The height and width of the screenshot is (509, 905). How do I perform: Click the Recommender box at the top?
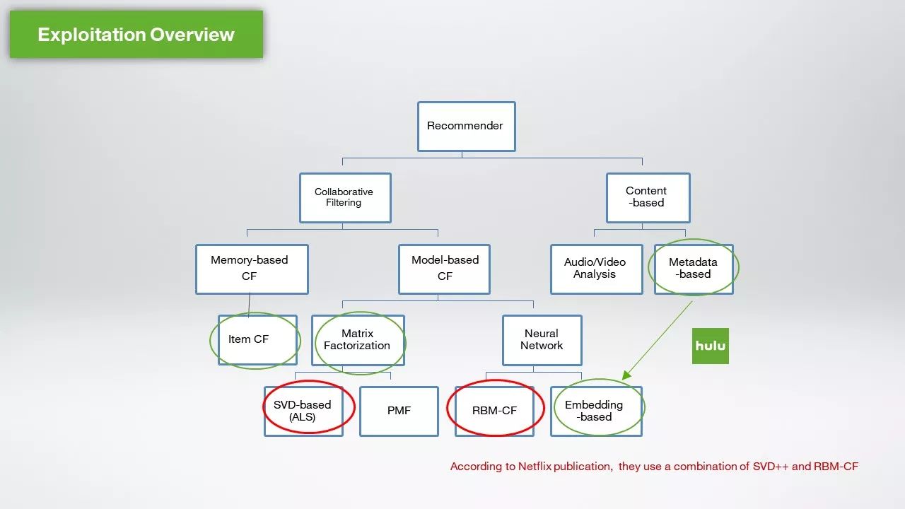pyautogui.click(x=466, y=126)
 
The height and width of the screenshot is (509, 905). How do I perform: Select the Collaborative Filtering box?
pyautogui.click(x=344, y=197)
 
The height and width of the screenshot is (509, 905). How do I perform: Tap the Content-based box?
pyautogui.click(x=648, y=197)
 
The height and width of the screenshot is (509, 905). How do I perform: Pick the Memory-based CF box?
pyautogui.click(x=252, y=269)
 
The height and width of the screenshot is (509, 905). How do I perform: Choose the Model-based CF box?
pyautogui.click(x=444, y=269)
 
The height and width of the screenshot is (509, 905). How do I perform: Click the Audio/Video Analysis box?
pyautogui.click(x=596, y=269)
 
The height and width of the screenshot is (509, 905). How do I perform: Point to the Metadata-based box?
pyautogui.click(x=694, y=269)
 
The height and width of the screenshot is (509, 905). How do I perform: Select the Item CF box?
pyautogui.click(x=257, y=340)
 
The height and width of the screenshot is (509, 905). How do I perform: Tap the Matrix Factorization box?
pyautogui.click(x=358, y=340)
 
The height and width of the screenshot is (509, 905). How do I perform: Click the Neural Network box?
pyautogui.click(x=542, y=340)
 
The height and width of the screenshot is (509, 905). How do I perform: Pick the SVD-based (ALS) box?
pyautogui.click(x=303, y=411)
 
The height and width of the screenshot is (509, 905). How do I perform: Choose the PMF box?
pyautogui.click(x=399, y=411)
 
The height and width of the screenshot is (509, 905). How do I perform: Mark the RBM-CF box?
pyautogui.click(x=494, y=411)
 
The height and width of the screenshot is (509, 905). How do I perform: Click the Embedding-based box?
pyautogui.click(x=596, y=411)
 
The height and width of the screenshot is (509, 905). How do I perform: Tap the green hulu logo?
pyautogui.click(x=710, y=346)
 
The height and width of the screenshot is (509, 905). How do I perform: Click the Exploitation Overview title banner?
pyautogui.click(x=136, y=34)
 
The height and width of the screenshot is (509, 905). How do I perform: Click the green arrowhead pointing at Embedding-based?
pyautogui.click(x=626, y=376)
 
